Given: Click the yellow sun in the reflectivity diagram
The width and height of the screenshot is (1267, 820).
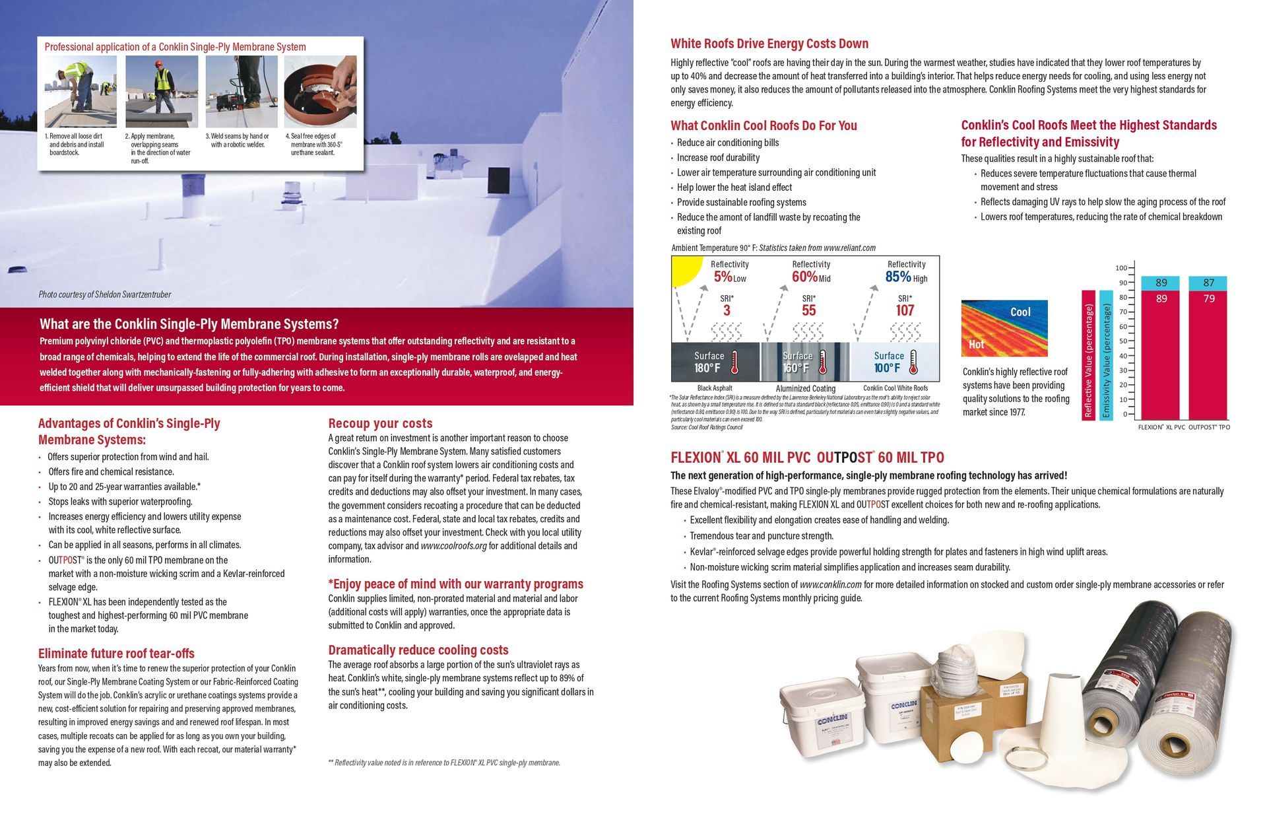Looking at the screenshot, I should (684, 270).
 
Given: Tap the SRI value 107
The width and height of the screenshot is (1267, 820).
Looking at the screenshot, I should (905, 310).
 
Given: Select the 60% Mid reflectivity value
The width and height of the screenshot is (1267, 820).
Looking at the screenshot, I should (805, 277).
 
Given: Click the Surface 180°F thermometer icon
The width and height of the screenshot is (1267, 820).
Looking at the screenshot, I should (734, 362).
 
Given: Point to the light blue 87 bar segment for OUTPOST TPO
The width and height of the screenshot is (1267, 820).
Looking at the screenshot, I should (1208, 283).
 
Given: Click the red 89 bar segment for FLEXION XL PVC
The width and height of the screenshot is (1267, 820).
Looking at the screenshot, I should (1161, 357).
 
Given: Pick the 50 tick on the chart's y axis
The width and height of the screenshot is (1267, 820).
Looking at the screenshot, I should (1122, 341).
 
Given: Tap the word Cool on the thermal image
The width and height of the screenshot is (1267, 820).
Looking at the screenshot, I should (1020, 312).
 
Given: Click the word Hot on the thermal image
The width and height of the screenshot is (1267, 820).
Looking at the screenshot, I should (976, 344).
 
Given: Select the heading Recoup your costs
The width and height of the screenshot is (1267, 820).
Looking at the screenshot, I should (380, 423).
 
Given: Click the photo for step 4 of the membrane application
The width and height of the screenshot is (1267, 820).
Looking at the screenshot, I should (320, 91).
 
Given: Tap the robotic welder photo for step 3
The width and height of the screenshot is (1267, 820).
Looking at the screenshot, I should (241, 91).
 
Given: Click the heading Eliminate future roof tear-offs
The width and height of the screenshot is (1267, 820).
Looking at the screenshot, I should (116, 654).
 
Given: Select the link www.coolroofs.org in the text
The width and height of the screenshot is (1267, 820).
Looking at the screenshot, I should (453, 546).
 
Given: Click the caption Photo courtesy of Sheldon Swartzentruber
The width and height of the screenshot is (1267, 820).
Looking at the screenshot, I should (104, 294).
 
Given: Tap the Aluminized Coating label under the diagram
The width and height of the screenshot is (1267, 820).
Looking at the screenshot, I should (805, 389).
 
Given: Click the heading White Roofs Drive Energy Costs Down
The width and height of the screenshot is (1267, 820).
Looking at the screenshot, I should (769, 44).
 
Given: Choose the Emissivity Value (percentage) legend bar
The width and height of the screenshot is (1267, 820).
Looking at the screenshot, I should (1107, 355).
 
